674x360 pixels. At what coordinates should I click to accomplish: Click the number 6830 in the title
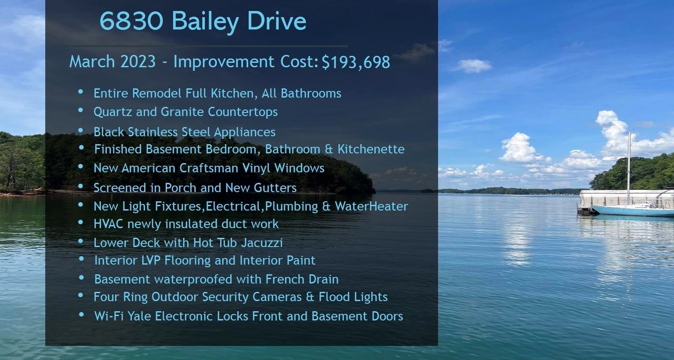coord(131,21)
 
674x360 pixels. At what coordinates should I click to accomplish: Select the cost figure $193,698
coord(356,62)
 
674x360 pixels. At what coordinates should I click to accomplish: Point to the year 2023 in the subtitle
coord(138,62)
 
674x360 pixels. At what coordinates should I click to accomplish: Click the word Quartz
coord(113,112)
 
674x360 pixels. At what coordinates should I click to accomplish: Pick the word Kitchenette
coord(371,149)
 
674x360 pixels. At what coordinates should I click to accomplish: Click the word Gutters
coord(275,188)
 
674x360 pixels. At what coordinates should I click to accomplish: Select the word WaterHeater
coord(371,206)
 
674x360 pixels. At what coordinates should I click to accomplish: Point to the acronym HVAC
coord(109,224)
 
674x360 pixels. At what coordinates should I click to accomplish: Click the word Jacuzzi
coord(262,243)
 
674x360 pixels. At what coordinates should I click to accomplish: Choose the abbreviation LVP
coord(151,260)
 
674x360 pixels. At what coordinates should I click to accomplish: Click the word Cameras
coord(277,297)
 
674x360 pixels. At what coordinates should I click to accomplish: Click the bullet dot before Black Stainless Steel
coord(80,131)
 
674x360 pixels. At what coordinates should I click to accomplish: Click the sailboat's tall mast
coord(629,168)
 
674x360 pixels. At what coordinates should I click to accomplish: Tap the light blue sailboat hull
coord(632,211)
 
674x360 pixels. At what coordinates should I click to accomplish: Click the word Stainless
coord(152,132)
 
